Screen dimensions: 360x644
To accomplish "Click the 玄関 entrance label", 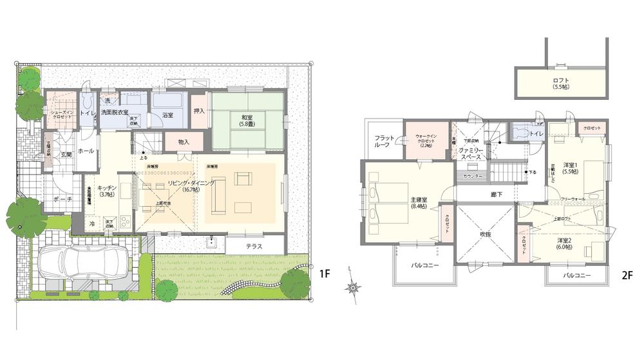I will (x=66, y=154).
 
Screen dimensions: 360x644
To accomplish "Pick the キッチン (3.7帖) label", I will (x=106, y=191).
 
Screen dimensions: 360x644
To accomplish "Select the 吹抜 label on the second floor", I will (x=485, y=234).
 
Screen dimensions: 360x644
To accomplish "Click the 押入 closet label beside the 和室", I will (x=199, y=111).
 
